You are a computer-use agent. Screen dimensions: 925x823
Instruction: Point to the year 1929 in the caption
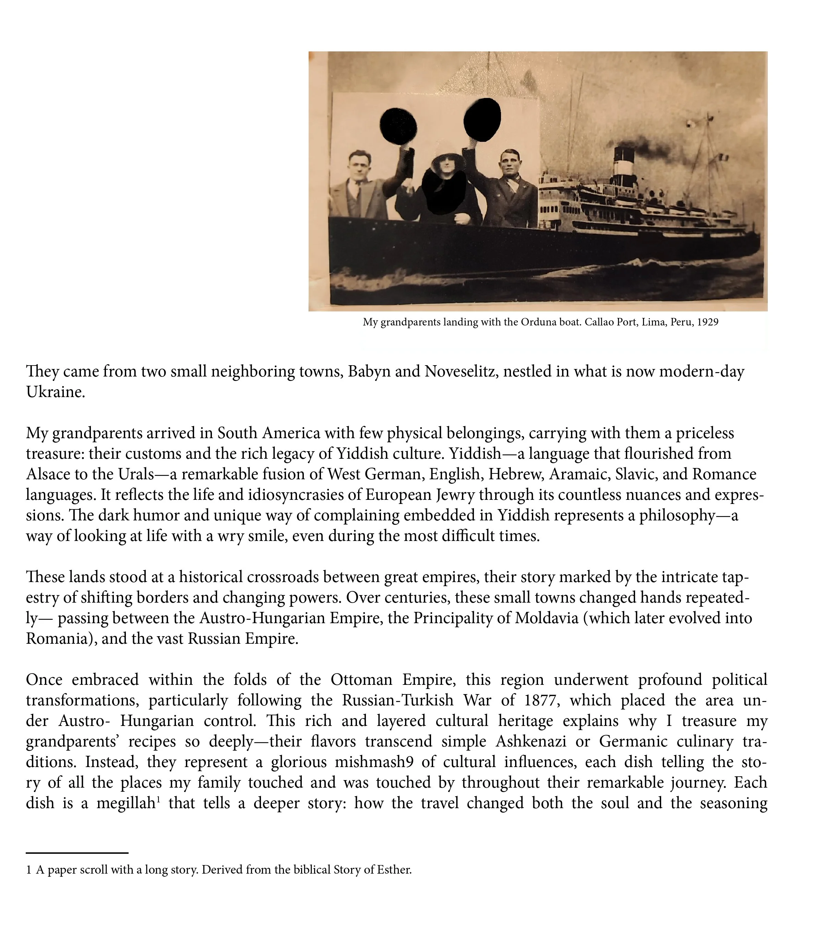coord(707,322)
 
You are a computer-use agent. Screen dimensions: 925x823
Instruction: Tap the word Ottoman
coord(362,680)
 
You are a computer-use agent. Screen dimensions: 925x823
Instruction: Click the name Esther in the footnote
coord(395,870)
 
